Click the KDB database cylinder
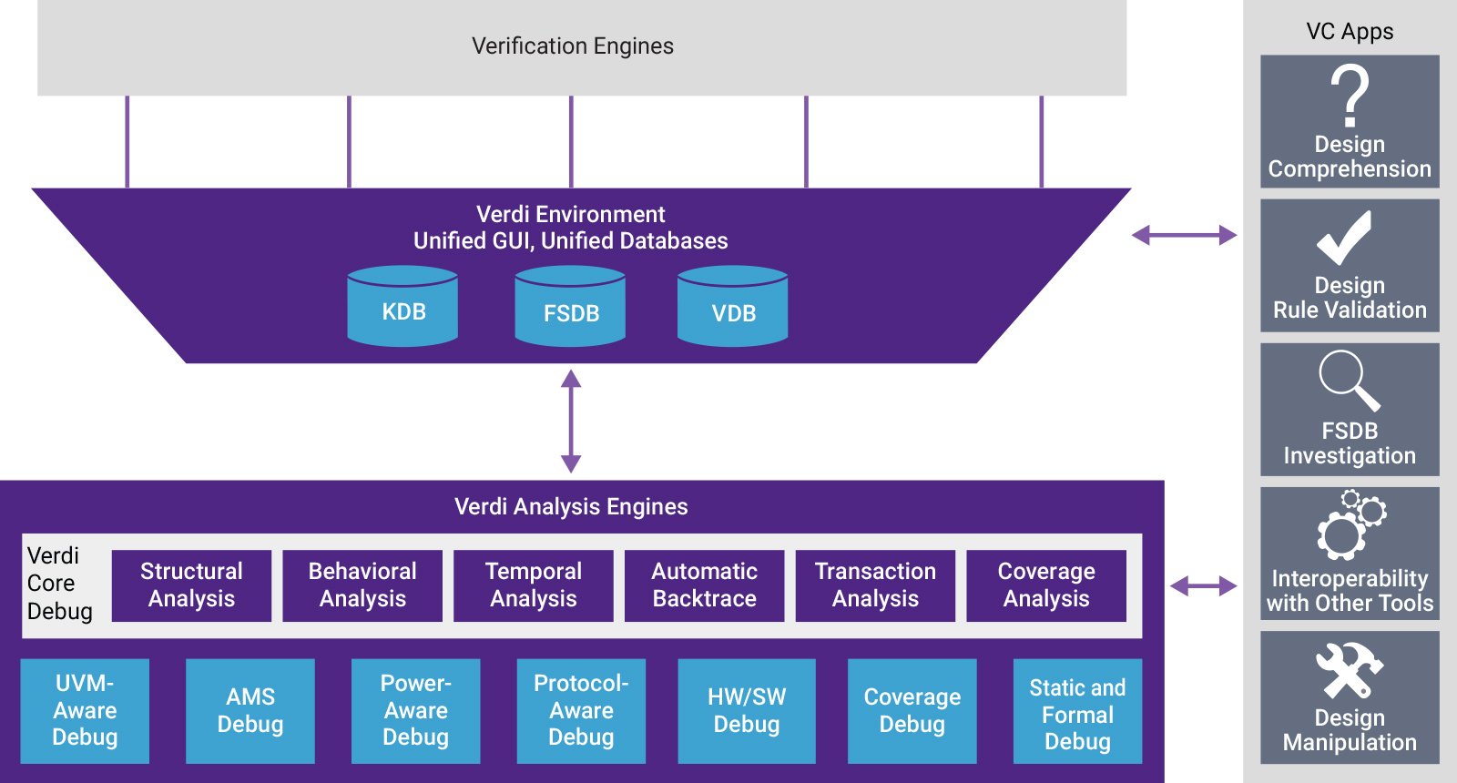(402, 307)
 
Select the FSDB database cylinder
(570, 307)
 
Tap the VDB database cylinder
(733, 307)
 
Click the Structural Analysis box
(191, 585)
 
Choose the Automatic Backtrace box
(704, 585)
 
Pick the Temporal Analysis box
(534, 585)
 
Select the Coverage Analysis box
(1046, 585)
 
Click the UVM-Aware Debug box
(85, 710)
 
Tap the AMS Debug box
(250, 710)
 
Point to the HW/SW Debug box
(747, 710)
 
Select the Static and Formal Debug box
(1077, 710)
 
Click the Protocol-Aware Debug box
(581, 710)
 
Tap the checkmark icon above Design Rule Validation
(1344, 239)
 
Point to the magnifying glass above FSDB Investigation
(1348, 380)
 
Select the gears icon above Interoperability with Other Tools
(1350, 524)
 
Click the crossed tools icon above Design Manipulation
(1349, 669)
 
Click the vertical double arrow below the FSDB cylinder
(571, 421)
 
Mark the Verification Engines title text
(573, 46)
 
